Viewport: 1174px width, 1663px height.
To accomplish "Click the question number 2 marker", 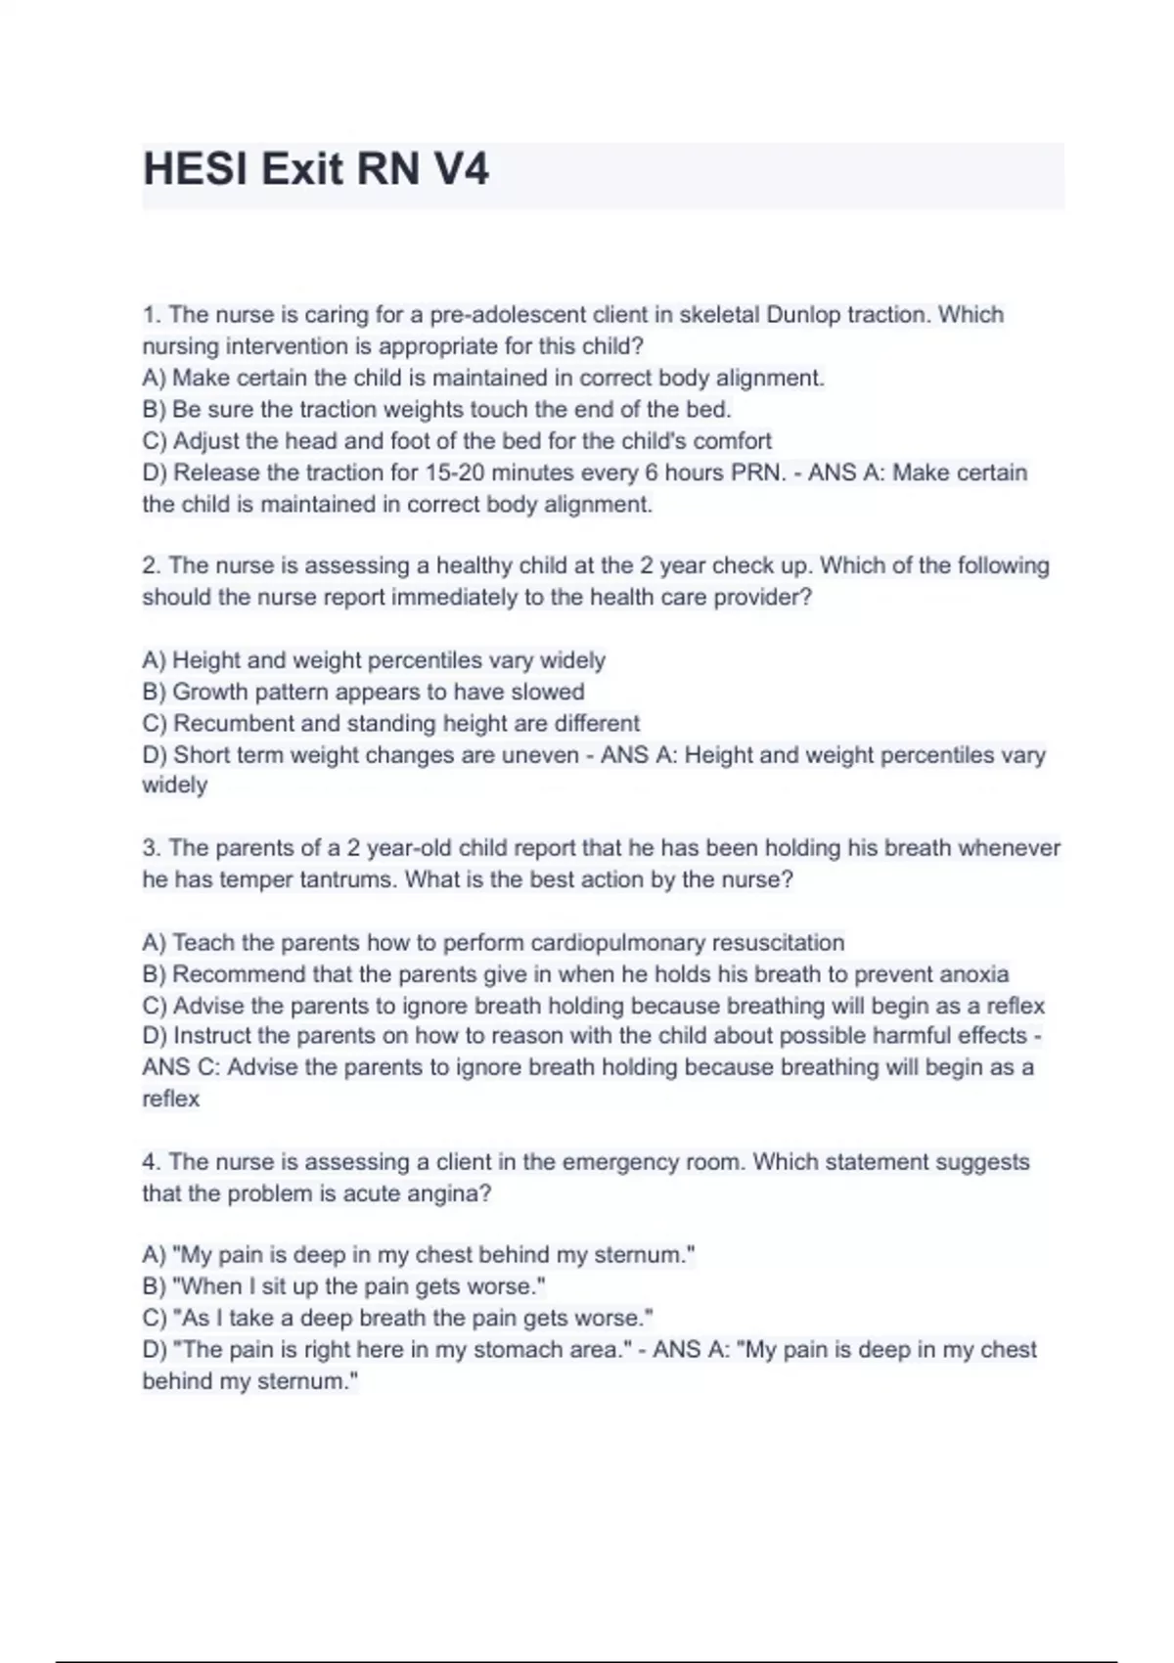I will pos(151,565).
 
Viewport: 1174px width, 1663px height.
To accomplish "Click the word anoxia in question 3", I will pos(973,974).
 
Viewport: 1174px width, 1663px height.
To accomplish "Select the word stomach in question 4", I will pos(517,1350).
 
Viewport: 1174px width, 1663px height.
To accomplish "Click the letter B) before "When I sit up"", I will pos(154,1286).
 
